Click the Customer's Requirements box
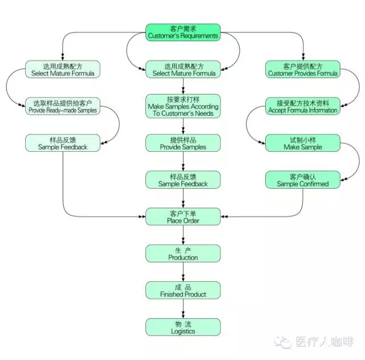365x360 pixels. (x=182, y=32)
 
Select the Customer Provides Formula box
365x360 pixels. (x=302, y=69)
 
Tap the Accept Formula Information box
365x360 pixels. (x=302, y=106)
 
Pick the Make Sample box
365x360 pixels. (x=302, y=143)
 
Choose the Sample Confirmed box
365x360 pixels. (x=302, y=180)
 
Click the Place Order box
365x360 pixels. (x=182, y=216)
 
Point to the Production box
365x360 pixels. (x=182, y=253)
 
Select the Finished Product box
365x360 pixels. (x=182, y=290)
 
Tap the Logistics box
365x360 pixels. (x=182, y=327)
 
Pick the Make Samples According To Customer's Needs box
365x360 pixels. (x=182, y=106)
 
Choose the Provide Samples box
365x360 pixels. (x=182, y=143)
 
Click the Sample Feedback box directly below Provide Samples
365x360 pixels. (x=182, y=180)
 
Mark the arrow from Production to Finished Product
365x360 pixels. (x=182, y=272)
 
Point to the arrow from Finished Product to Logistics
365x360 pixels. (x=182, y=309)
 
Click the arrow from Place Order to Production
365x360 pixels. (x=182, y=235)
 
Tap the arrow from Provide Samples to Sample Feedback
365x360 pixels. (x=182, y=161)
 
